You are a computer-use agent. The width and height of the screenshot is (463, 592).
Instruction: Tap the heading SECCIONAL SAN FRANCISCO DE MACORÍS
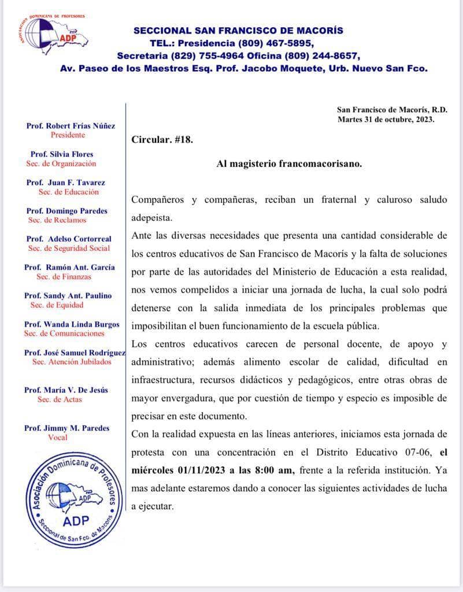tap(238, 30)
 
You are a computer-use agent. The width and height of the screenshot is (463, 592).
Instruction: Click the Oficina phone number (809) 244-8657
tap(323, 55)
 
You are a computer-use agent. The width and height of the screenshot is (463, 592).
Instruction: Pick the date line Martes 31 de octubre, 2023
tap(386, 120)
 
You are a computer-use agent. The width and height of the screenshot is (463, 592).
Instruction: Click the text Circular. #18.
tap(162, 140)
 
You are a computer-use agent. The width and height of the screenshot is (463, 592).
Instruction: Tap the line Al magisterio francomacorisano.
tap(289, 164)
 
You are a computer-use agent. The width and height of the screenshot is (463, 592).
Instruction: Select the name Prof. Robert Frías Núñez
tap(71, 125)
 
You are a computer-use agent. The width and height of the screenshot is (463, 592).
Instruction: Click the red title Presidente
tap(68, 135)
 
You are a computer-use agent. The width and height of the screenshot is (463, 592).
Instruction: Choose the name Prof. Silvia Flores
tap(62, 154)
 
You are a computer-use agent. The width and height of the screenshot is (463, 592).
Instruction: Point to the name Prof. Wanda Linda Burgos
tap(72, 324)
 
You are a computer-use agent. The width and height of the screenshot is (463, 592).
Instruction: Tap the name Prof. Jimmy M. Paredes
tap(66, 428)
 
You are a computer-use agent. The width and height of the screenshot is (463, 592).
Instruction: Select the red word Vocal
tap(58, 438)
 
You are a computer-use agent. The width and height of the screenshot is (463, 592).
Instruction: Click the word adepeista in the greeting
tap(151, 218)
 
